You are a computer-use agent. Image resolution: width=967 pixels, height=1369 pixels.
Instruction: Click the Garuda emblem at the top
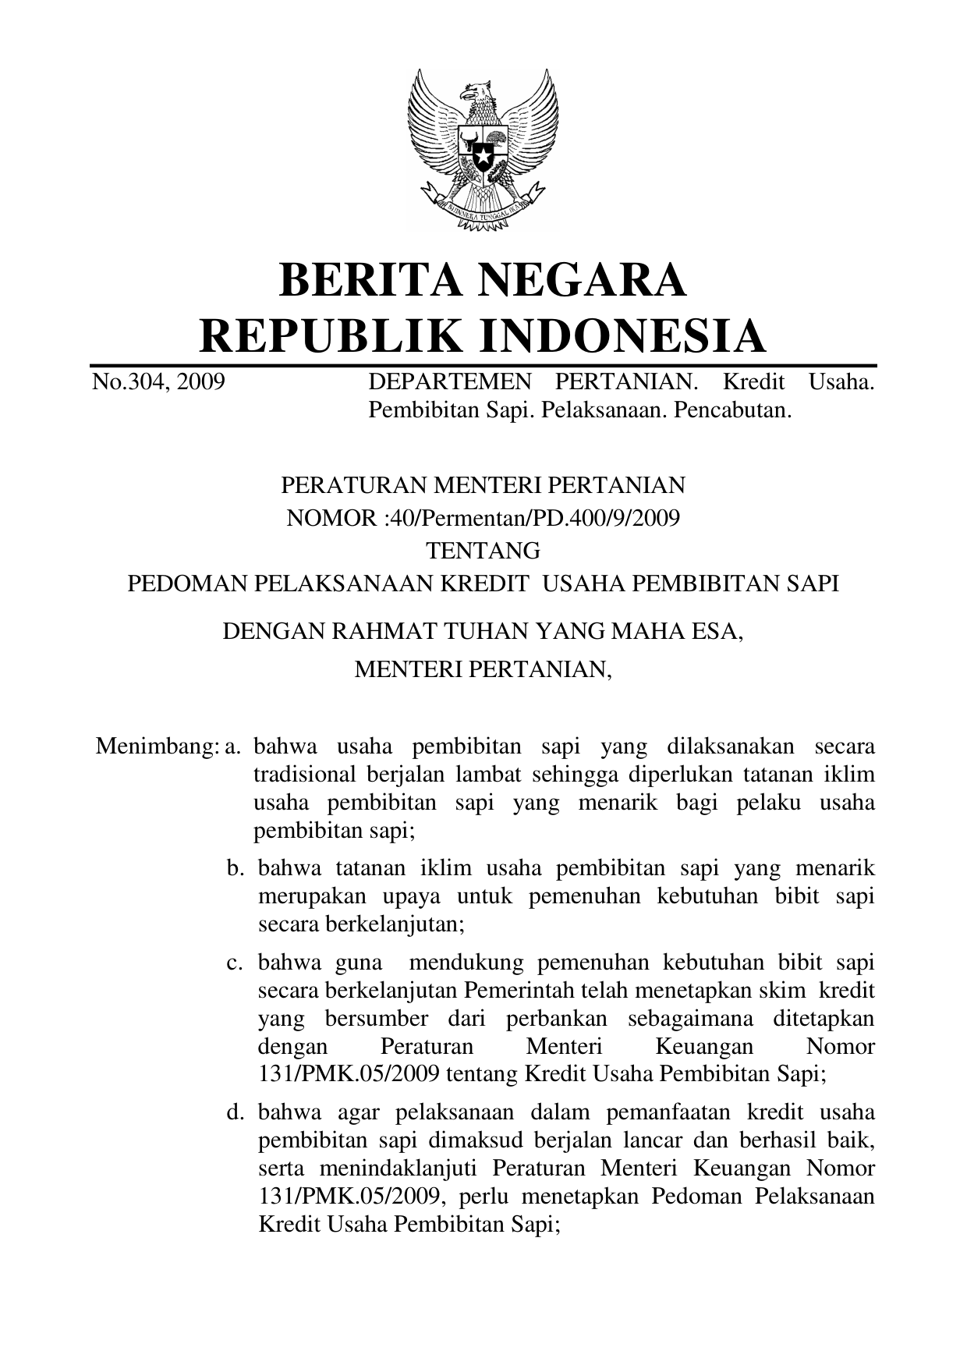[483, 149]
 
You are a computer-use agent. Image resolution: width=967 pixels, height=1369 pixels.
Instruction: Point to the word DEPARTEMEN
[449, 382]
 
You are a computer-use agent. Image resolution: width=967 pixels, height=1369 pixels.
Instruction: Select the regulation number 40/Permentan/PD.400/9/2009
[511, 517]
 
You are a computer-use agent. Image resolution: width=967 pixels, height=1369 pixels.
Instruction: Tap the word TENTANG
[483, 551]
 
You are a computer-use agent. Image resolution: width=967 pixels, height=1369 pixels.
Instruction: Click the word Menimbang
[155, 747]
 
